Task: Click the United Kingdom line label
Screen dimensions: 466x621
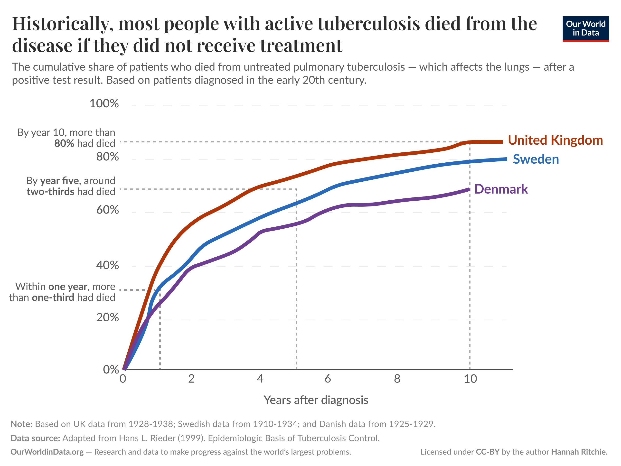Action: click(x=555, y=140)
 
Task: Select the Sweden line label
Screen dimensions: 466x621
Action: click(x=536, y=159)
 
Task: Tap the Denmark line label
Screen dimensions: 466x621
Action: click(x=501, y=189)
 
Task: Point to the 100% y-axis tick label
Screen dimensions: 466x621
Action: click(x=104, y=103)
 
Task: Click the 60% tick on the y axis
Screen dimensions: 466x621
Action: click(x=108, y=210)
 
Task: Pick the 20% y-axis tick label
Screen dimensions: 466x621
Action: click(x=108, y=317)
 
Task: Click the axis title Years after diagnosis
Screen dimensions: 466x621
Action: click(x=316, y=400)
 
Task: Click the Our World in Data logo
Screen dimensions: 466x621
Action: click(x=586, y=29)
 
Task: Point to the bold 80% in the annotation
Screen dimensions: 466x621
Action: click(x=64, y=143)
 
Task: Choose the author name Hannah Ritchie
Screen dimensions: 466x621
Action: click(x=579, y=452)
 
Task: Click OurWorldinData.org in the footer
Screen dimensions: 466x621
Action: click(x=47, y=452)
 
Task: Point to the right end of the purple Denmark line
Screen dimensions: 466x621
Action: click(x=469, y=189)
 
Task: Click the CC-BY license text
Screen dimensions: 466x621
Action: click(x=488, y=452)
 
